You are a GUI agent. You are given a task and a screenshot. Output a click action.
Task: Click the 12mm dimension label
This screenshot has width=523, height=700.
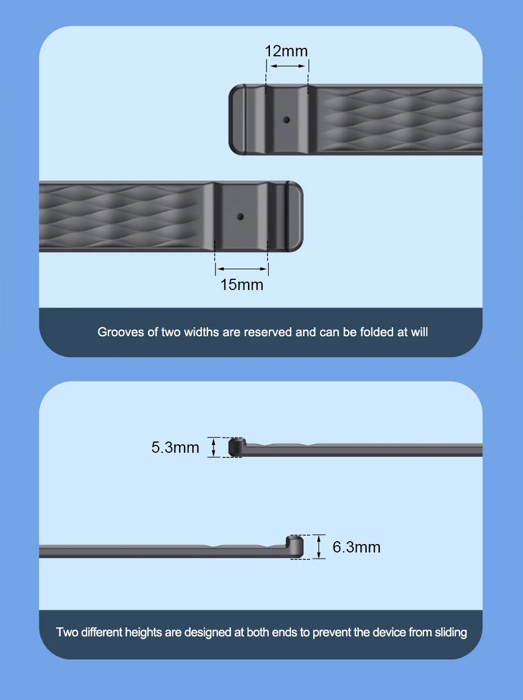[286, 51]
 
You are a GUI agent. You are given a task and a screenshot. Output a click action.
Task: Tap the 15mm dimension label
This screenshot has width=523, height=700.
[242, 285]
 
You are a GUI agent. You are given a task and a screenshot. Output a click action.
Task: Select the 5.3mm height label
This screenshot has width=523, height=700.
[175, 448]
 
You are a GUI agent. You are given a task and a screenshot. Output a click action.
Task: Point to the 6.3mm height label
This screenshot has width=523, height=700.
[357, 547]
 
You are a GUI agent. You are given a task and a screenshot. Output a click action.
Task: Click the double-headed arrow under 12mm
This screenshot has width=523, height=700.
[287, 66]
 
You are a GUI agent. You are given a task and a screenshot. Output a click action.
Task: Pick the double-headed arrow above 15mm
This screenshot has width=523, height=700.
[242, 269]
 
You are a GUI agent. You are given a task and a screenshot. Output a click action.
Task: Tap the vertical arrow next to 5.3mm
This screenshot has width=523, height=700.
[214, 447]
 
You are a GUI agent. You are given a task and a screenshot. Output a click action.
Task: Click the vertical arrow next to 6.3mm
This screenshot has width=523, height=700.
[319, 547]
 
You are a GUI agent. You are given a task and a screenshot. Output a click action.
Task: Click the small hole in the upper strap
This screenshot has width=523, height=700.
[286, 120]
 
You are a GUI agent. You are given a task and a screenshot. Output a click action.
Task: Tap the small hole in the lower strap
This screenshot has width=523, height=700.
[240, 217]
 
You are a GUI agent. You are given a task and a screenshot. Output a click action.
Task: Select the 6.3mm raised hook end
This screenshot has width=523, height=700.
[295, 547]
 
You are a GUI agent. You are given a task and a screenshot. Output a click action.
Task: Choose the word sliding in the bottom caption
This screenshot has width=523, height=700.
[451, 632]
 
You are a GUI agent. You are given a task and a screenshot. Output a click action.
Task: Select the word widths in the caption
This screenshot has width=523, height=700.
[201, 332]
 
